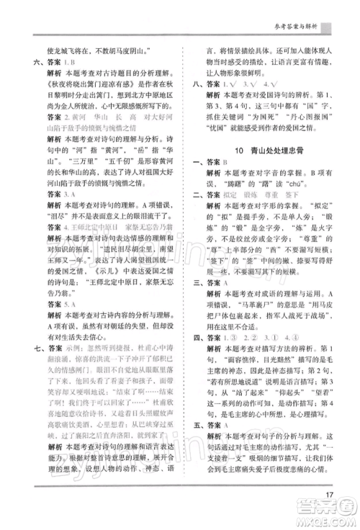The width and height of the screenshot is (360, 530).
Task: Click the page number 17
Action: coord(328,494)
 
